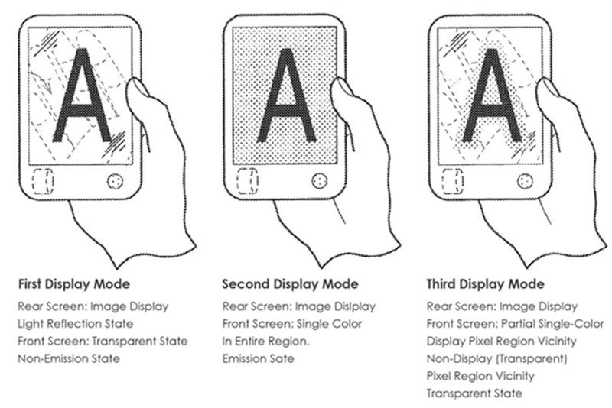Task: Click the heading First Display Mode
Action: click(73, 283)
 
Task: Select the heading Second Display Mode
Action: click(290, 283)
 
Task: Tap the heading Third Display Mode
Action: click(485, 283)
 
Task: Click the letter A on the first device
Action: click(83, 96)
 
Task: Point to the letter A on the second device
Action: click(286, 96)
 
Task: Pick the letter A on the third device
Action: click(491, 96)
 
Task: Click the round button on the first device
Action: click(116, 181)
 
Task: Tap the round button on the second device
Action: click(320, 181)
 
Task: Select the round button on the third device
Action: click(525, 181)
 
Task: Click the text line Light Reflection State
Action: click(75, 324)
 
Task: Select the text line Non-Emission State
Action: click(69, 358)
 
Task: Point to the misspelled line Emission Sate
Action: click(258, 358)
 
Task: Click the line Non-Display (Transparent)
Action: click(496, 358)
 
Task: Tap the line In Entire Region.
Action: click(265, 342)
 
